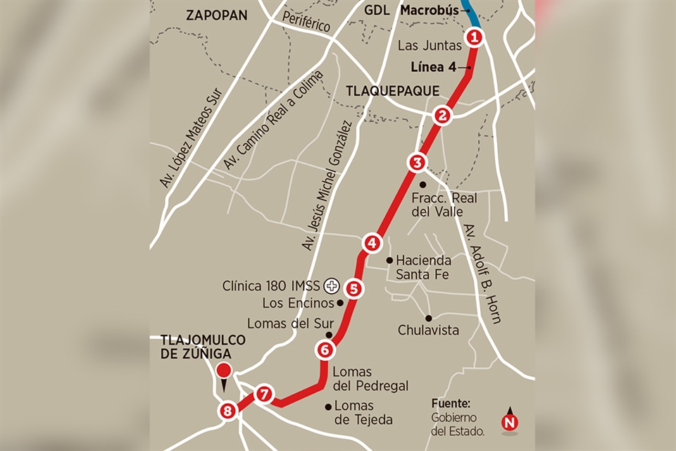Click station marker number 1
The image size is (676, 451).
(475, 37)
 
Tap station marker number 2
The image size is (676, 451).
(442, 116)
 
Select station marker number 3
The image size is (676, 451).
(417, 163)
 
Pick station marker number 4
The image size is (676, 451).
(372, 243)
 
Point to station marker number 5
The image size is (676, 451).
(353, 288)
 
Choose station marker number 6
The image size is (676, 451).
(324, 349)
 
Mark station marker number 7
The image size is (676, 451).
(263, 394)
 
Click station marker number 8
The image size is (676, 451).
(227, 411)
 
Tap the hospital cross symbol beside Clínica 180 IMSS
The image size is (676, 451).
(331, 286)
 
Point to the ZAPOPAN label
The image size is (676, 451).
(217, 15)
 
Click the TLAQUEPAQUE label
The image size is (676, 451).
(392, 90)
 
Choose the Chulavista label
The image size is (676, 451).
(428, 330)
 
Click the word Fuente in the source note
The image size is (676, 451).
(451, 404)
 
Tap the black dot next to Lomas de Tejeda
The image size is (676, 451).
(328, 406)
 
